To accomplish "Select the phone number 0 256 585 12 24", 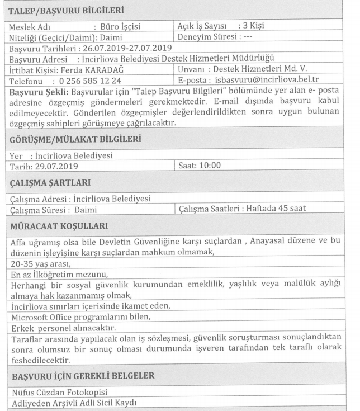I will [x=90, y=81].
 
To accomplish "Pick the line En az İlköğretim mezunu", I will [x=56, y=274].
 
